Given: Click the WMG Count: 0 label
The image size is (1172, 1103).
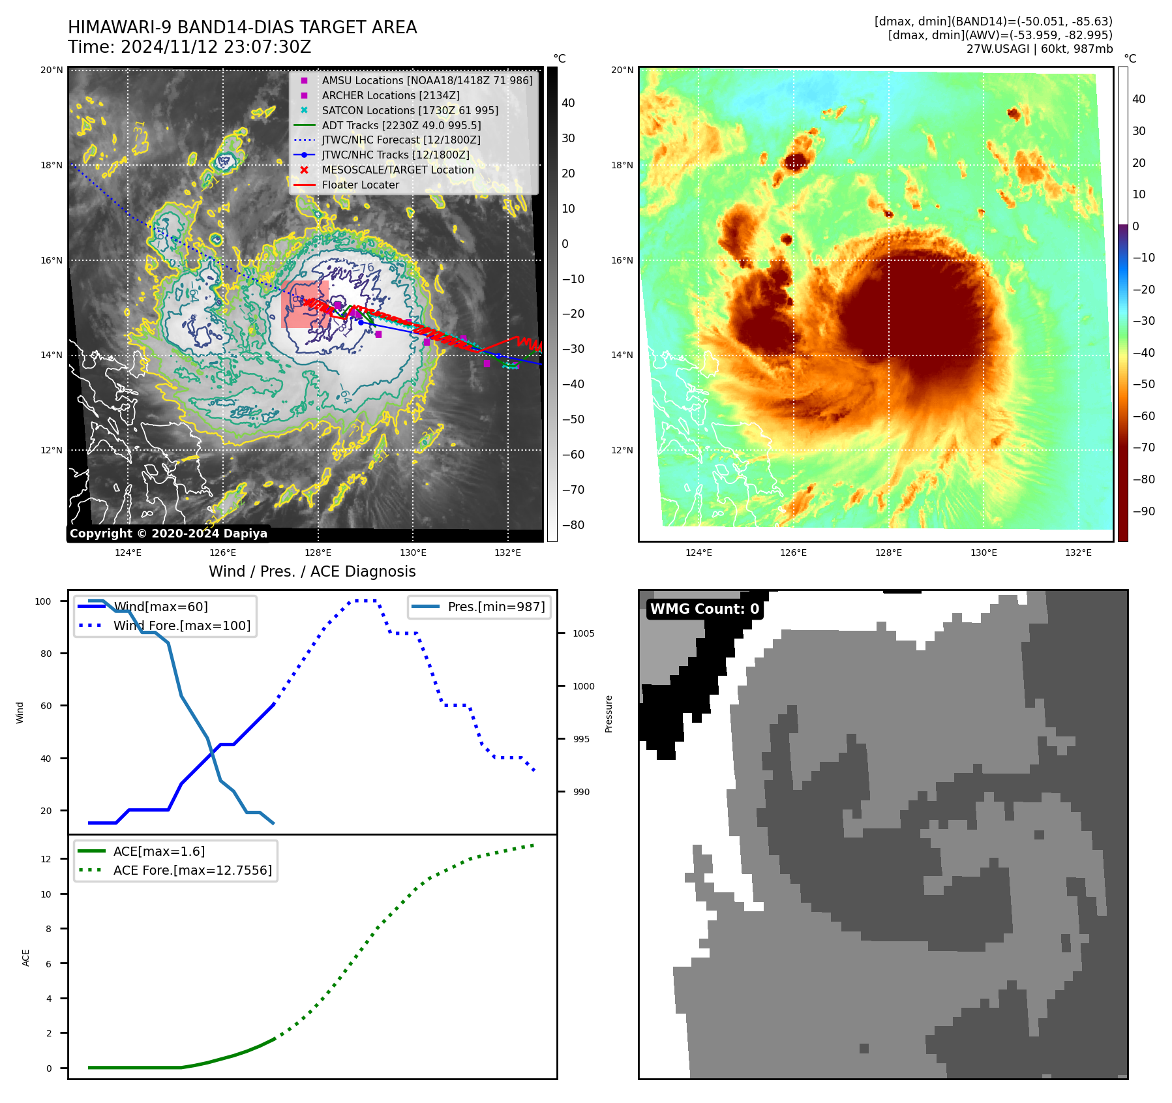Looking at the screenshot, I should pyautogui.click(x=704, y=609).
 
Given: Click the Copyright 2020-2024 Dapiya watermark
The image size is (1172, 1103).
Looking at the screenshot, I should pyautogui.click(x=168, y=534).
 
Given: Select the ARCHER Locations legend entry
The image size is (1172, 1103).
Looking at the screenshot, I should pyautogui.click(x=390, y=95).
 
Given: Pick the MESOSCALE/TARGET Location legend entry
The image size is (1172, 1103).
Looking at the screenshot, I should pyautogui.click(x=397, y=170).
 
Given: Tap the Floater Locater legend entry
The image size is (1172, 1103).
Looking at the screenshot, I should pyautogui.click(x=360, y=185).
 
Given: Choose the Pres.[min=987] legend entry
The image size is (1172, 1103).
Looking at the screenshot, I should pyautogui.click(x=496, y=607).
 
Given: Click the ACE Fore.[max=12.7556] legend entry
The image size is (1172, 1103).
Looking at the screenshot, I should pyautogui.click(x=192, y=870).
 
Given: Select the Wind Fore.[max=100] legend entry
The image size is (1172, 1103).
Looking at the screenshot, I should pyautogui.click(x=182, y=626).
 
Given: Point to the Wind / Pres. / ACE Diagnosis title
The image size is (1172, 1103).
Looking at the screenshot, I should pyautogui.click(x=312, y=571).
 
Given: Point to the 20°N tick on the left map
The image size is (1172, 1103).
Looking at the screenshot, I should pyautogui.click(x=52, y=70).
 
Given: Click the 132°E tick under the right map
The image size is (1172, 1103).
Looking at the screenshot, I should pyautogui.click(x=1078, y=552).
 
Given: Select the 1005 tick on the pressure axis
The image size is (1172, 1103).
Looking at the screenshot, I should pyautogui.click(x=583, y=633).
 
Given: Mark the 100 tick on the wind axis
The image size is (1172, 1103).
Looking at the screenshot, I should pyautogui.click(x=43, y=601).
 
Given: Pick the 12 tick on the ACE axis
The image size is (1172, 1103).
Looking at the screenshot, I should pyautogui.click(x=46, y=859).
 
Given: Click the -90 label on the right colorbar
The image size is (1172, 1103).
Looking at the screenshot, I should pyautogui.click(x=1143, y=511).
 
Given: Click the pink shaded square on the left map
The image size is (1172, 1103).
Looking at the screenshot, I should pyautogui.click(x=305, y=305).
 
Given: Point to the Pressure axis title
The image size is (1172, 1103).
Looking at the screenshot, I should pyautogui.click(x=609, y=714).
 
